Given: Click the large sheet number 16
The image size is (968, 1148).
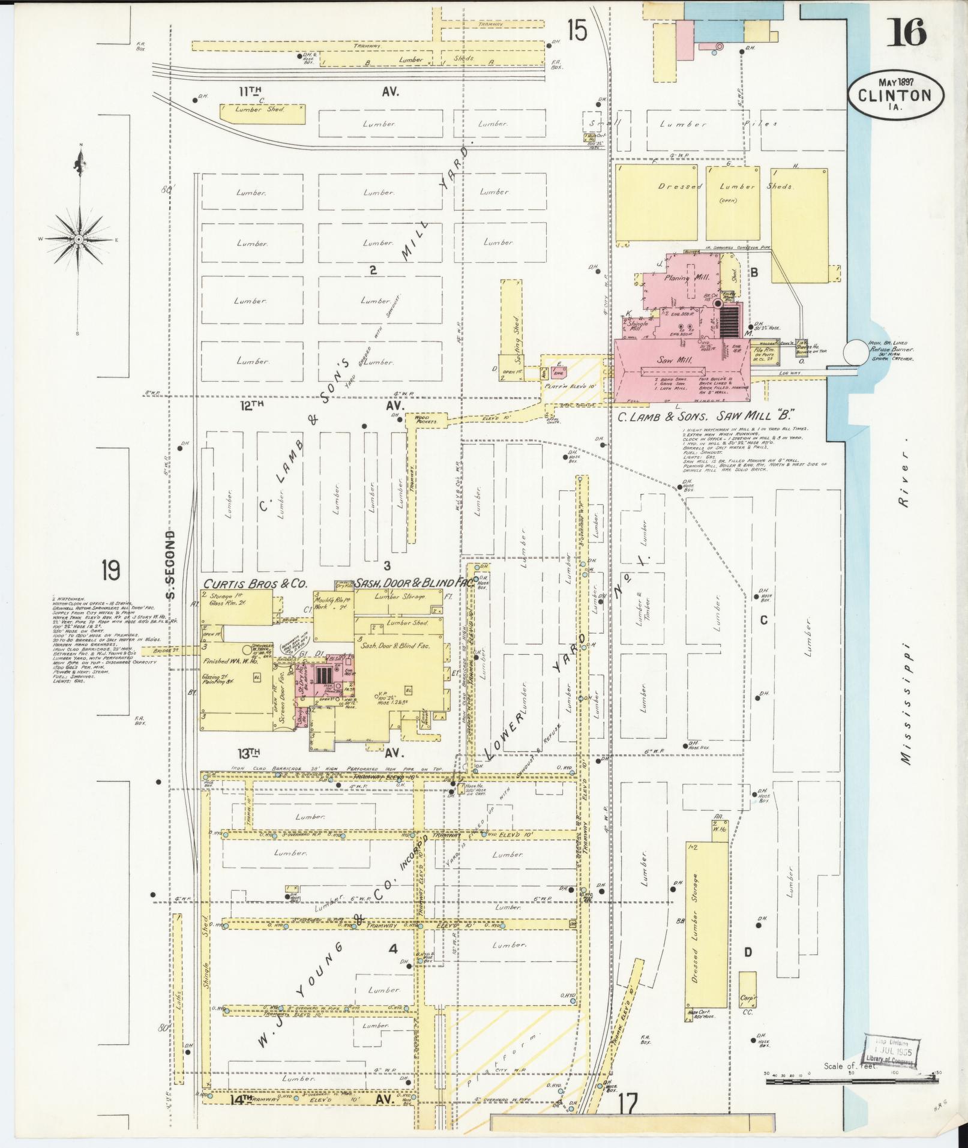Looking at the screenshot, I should (909, 32).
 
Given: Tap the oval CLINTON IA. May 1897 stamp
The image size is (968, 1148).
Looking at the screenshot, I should (895, 95).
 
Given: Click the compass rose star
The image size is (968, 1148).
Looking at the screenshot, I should (79, 239).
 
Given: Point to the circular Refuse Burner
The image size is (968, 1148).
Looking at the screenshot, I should (855, 353).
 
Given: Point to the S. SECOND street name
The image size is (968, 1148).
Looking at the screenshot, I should (170, 565).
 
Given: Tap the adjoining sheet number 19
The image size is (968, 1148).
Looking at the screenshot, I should (110, 570).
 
